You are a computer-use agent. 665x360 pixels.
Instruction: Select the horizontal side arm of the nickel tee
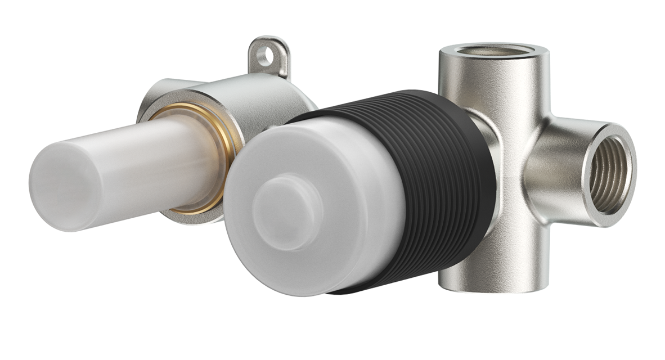click(557, 169)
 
